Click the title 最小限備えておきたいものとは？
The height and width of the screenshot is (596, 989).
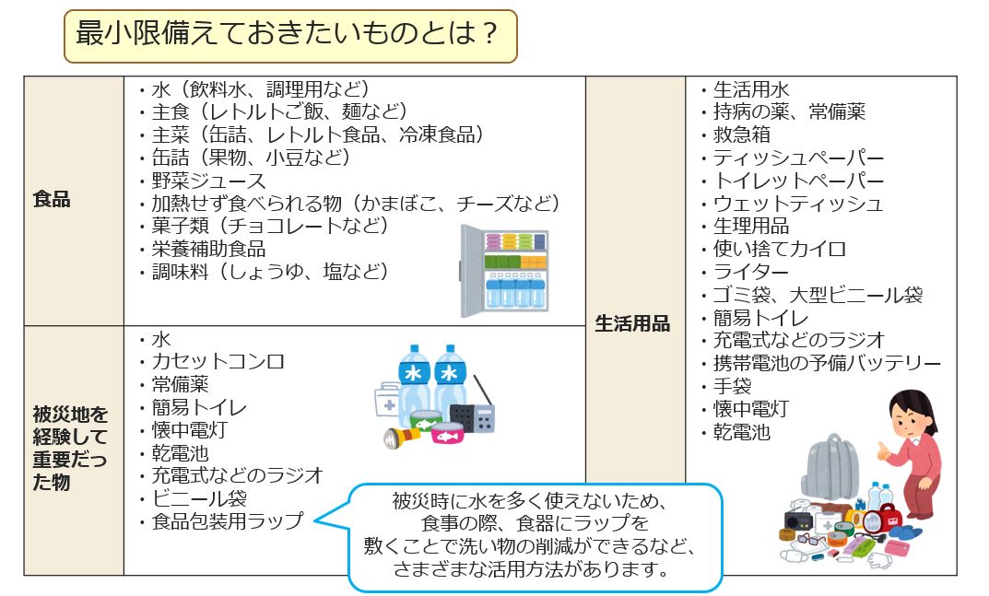click(287, 33)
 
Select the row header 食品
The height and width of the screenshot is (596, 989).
click(52, 199)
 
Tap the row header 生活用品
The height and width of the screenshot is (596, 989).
click(632, 323)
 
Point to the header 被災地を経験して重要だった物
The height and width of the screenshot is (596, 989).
click(70, 448)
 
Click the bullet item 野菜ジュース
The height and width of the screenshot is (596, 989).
click(209, 181)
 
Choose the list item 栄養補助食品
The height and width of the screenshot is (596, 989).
click(209, 249)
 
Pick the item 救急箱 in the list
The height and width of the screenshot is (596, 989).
click(741, 134)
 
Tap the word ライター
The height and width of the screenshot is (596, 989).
click(750, 272)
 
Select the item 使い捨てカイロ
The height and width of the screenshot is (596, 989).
click(779, 249)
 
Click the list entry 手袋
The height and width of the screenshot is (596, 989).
click(732, 386)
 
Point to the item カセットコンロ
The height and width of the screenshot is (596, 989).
click(218, 361)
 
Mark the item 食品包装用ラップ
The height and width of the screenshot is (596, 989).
click(228, 521)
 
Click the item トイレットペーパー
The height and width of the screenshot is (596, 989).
click(798, 181)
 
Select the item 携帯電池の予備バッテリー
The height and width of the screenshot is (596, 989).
click(827, 363)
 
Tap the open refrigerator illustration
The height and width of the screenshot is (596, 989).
click(504, 271)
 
